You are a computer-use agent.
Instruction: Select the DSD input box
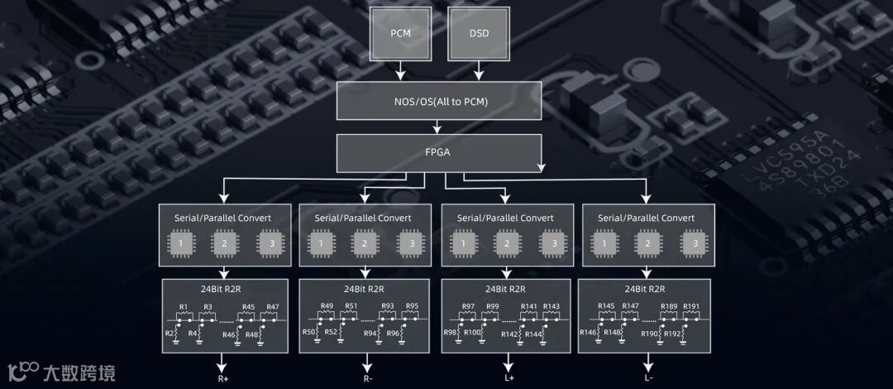tap(479, 33)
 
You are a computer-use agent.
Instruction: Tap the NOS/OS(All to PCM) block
tap(439, 102)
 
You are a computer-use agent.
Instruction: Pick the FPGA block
tap(439, 153)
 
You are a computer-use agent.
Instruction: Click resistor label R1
tap(184, 307)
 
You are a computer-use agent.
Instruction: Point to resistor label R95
tap(412, 307)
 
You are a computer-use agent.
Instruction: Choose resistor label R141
tap(529, 307)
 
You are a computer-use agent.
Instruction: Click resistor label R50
tap(309, 332)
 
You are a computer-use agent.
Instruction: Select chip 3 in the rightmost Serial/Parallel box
tap(695, 244)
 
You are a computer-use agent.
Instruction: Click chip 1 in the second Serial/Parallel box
tap(321, 244)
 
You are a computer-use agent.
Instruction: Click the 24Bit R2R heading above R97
tap(506, 289)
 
